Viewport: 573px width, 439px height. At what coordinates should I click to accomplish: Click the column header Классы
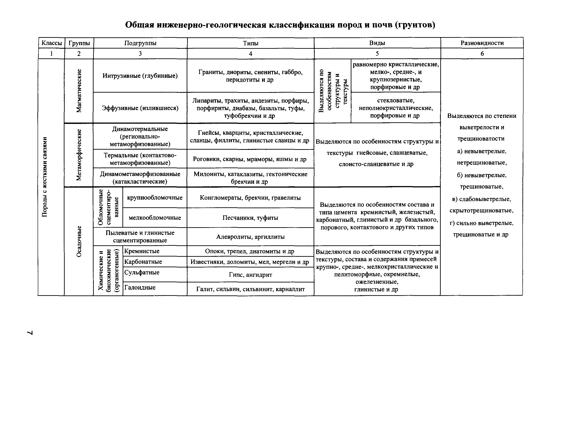point(51,43)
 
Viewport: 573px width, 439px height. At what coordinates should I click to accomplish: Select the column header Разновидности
point(482,43)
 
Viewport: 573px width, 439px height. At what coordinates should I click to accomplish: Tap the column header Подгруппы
point(140,43)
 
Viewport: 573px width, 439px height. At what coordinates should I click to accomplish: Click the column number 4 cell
point(250,54)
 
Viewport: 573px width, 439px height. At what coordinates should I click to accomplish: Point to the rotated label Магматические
point(79,91)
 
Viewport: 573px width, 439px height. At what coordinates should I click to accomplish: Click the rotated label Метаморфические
point(79,155)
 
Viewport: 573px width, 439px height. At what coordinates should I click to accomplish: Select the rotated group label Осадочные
point(79,241)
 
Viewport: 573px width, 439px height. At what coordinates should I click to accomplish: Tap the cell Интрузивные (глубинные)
point(140,76)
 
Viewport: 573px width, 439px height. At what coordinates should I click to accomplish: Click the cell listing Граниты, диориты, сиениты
point(250,76)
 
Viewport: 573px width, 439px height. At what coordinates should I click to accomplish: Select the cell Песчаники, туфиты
point(250,218)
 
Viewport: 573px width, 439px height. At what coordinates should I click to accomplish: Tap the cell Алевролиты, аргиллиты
point(250,237)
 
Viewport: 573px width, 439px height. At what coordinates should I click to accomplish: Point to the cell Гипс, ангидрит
point(250,275)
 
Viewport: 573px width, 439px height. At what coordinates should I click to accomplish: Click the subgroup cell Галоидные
point(140,287)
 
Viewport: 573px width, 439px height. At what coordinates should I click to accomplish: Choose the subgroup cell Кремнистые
point(142,251)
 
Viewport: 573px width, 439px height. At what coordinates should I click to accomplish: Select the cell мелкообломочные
point(155,218)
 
